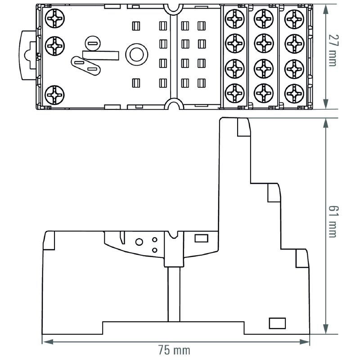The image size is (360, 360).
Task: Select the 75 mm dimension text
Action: pos(174,350)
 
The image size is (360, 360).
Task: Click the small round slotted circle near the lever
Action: pos(92,44)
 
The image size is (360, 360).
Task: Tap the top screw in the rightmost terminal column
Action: pos(294,19)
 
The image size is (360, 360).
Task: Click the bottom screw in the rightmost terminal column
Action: pos(294,93)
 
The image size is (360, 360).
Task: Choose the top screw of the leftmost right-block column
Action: pos(235,19)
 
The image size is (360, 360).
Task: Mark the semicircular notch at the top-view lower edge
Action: pos(171,105)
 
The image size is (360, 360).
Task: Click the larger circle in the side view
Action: pos(139,242)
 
